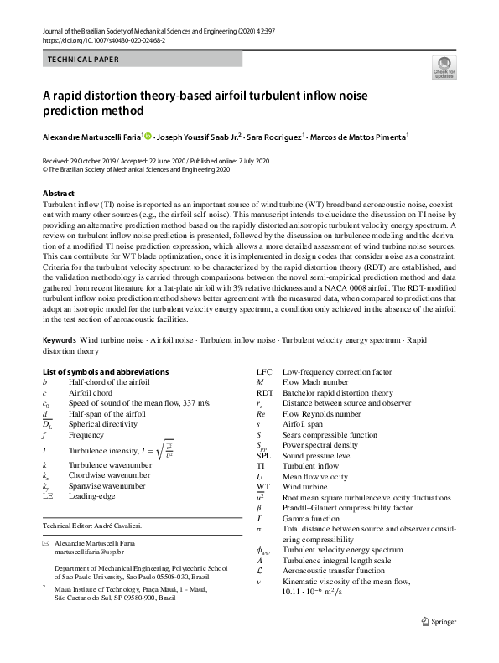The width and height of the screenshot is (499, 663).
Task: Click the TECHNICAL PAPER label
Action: coord(83,60)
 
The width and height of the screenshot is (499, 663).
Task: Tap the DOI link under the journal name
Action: coord(98,39)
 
